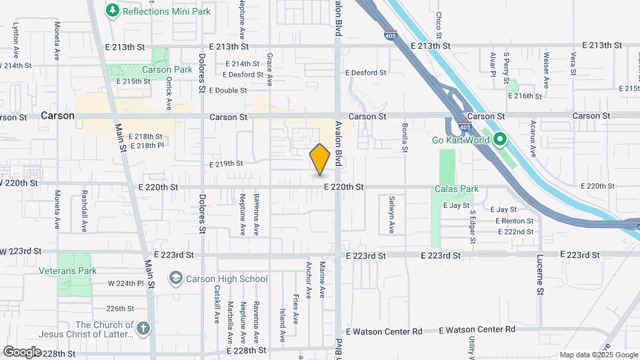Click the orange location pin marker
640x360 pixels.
pos(320,159)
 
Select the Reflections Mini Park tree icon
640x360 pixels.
pos(112,10)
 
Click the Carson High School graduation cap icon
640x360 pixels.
pos(175,279)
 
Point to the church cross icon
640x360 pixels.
pos(144,327)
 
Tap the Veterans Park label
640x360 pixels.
pos(77,271)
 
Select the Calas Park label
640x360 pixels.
pos(457,189)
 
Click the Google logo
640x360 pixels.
pos(23,351)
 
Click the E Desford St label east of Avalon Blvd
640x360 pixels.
pos(365,73)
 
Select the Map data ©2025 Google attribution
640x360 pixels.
pos(598,355)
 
